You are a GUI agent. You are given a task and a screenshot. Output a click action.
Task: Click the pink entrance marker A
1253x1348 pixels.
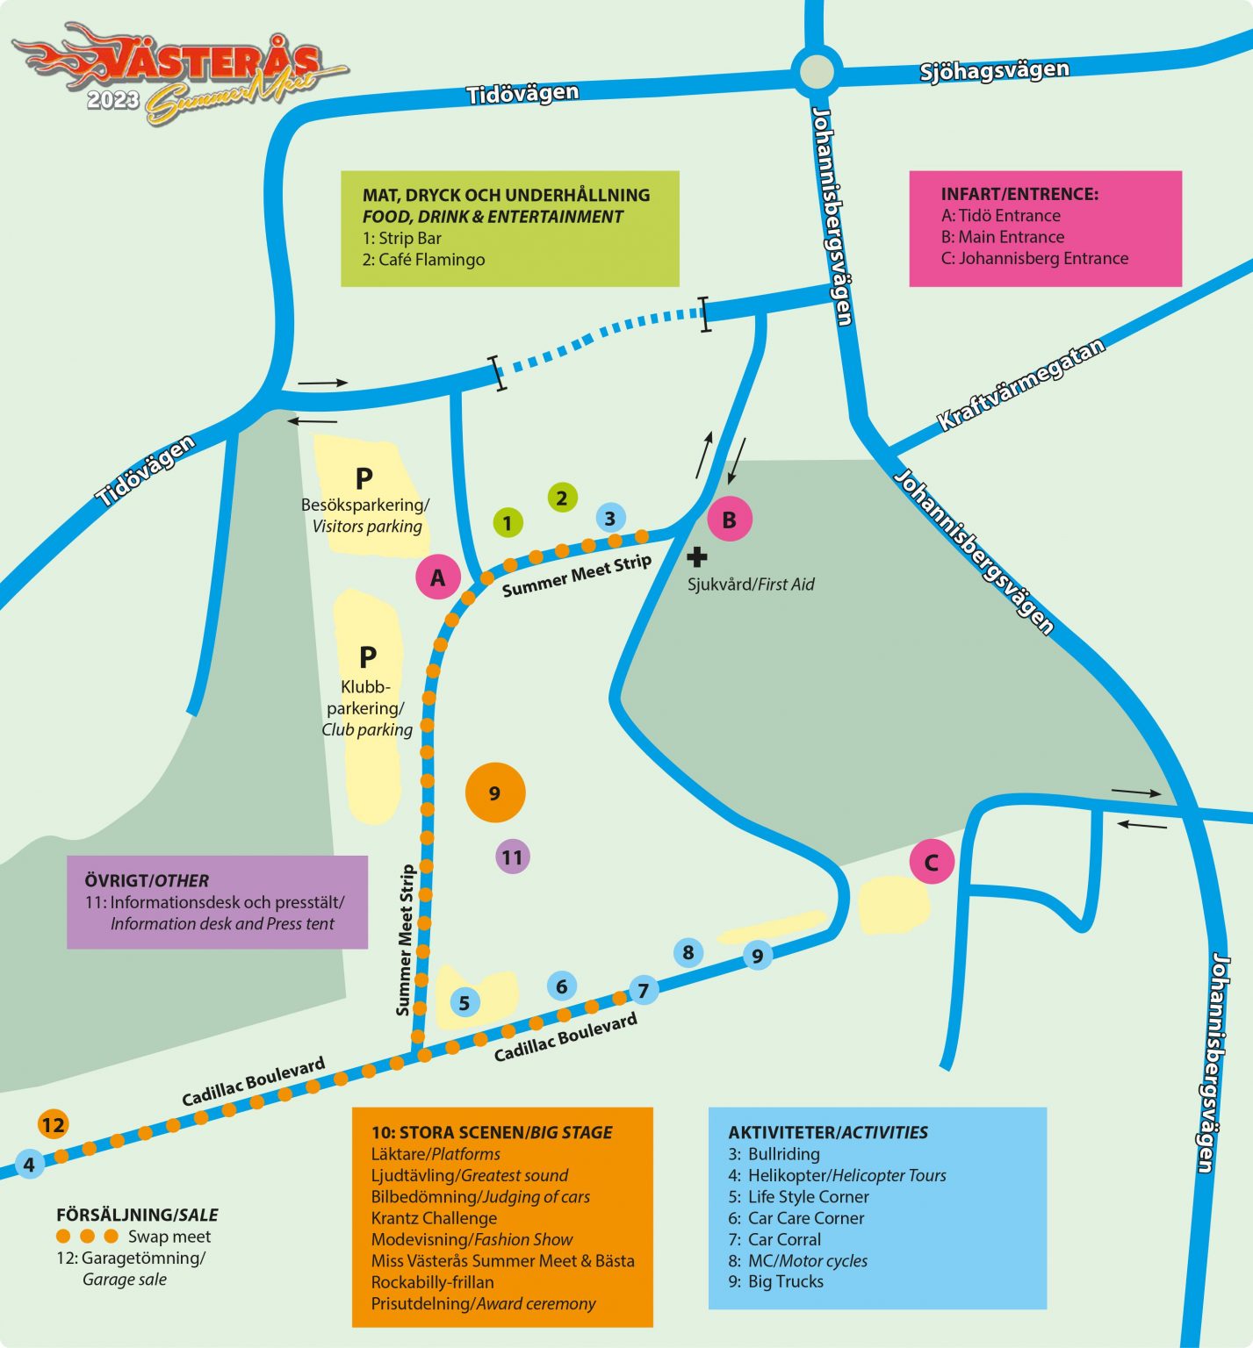point(437,577)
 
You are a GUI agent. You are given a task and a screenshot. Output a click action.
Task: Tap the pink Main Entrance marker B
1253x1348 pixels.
point(729,520)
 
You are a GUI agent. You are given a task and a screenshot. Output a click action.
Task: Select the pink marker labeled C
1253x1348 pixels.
point(931,863)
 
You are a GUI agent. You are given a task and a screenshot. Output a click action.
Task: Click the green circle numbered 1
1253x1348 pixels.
point(507,523)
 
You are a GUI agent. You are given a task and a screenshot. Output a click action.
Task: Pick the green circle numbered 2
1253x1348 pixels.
point(562,498)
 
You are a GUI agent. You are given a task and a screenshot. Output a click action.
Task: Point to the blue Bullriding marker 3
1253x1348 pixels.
point(610,518)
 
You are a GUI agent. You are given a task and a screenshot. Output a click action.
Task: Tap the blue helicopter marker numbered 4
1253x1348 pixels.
point(29,1164)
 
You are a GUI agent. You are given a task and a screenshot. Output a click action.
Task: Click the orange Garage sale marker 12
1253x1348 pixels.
point(53,1124)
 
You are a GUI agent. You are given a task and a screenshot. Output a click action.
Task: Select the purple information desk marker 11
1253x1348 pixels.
point(512,857)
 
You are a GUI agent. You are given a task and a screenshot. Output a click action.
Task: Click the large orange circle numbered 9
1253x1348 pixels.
point(495,792)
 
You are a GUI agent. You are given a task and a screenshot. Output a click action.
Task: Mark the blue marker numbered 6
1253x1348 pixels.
point(562,986)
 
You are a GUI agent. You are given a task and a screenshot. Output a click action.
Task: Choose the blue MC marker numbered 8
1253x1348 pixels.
point(688,952)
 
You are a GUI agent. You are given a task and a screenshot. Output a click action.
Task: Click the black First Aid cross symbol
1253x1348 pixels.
point(696,556)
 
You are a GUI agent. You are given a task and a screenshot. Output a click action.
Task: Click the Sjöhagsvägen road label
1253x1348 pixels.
point(994,70)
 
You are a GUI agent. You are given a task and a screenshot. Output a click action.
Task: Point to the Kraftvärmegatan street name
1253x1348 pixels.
point(1020,385)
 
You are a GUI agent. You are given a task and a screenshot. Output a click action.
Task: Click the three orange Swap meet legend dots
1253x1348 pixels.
point(87,1236)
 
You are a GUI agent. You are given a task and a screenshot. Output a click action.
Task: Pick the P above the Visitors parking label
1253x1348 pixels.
point(364,478)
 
